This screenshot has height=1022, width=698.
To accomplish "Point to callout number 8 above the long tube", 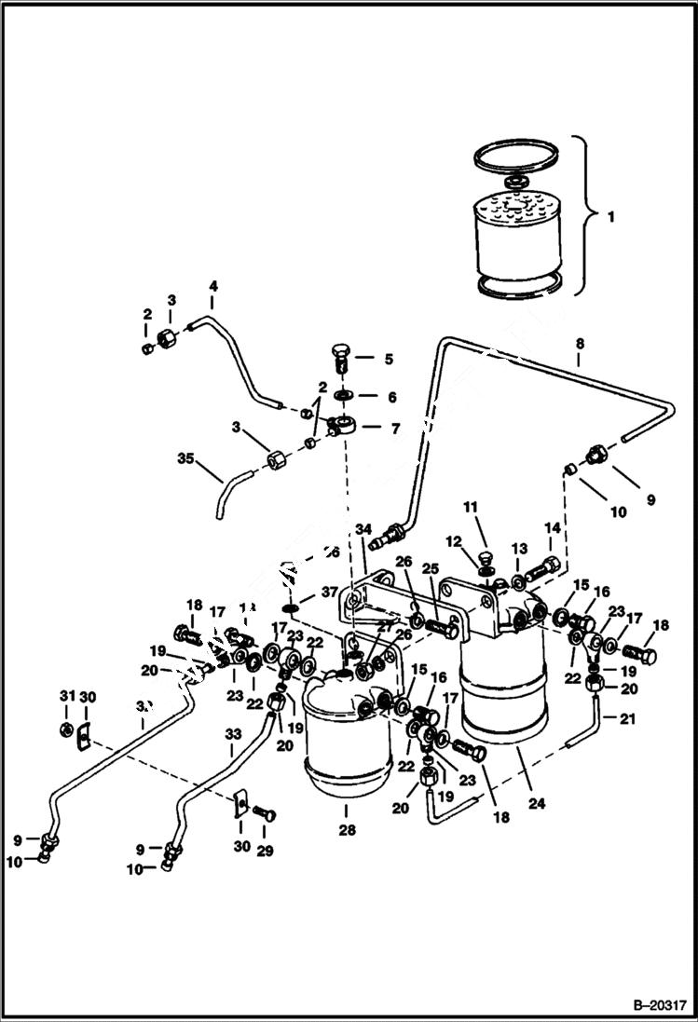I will pos(580,344).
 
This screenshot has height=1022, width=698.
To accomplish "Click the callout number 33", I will pos(233,734).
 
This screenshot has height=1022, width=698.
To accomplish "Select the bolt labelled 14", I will pos(546,565).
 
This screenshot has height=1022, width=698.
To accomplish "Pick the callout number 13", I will pos(520,549).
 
